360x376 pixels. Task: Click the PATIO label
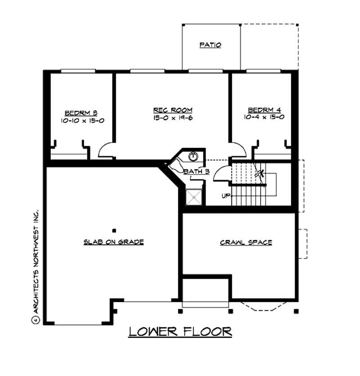[210, 45]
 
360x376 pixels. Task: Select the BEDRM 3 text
[81, 112]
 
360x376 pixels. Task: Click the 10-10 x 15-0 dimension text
[81, 121]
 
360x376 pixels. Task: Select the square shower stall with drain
[194, 197]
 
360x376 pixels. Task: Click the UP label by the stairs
[226, 196]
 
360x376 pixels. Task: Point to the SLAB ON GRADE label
[113, 242]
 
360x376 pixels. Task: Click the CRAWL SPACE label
[246, 242]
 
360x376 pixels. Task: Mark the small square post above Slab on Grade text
[114, 230]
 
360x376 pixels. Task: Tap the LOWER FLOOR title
[180, 331]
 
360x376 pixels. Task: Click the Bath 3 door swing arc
[221, 173]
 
